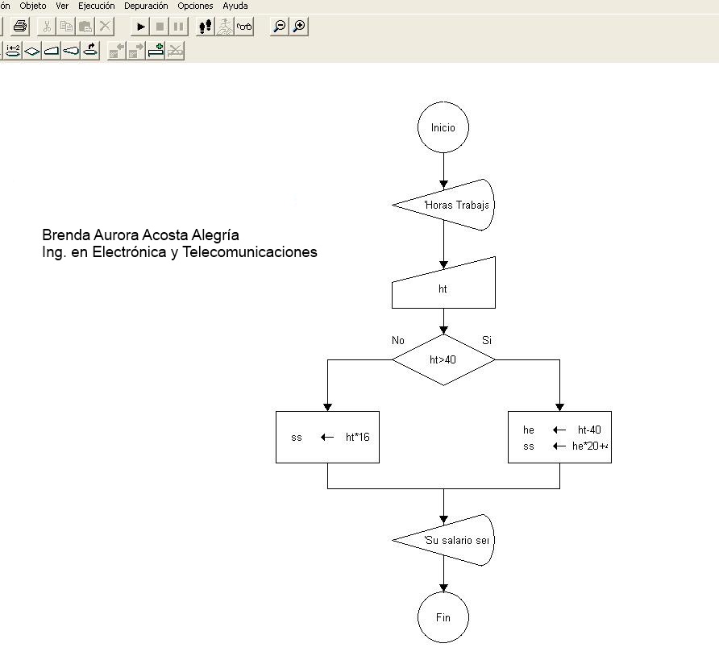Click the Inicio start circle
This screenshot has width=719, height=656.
[443, 127]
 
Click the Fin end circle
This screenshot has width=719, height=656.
[443, 617]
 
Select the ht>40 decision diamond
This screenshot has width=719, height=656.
[443, 359]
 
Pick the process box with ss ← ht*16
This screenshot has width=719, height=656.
[327, 437]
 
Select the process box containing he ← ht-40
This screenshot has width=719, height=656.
[559, 437]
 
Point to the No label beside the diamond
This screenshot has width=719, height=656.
[398, 340]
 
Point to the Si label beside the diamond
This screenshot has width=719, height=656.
[487, 340]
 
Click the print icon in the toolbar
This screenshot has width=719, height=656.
[20, 27]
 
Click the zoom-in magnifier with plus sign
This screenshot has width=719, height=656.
[299, 27]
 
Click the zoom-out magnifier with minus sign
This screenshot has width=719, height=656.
[279, 27]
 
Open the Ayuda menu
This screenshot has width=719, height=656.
[235, 6]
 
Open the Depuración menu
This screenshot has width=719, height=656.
[146, 6]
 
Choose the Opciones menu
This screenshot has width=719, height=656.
[195, 6]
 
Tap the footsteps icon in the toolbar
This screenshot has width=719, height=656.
[206, 27]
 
